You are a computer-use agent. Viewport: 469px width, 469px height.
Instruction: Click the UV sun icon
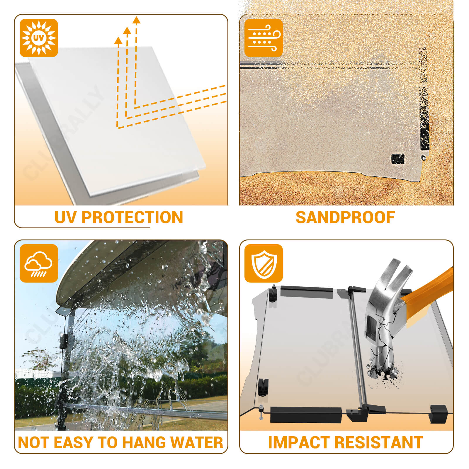point(39,38)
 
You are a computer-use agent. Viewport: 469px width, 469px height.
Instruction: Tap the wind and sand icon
point(264,38)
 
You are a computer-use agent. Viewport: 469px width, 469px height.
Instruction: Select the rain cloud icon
point(39,263)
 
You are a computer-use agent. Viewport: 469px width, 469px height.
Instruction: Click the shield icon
point(264,263)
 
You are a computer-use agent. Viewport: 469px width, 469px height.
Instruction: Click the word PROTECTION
point(132,217)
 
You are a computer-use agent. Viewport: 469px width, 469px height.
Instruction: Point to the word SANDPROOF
point(345,217)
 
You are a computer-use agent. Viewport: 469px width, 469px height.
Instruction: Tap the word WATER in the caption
point(197,443)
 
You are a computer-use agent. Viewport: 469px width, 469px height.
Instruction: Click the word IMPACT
point(299,443)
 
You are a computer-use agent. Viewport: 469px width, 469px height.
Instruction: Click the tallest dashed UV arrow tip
point(136,20)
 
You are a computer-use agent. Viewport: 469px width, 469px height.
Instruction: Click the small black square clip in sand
point(398,159)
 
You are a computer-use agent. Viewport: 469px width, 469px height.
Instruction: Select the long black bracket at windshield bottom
point(306,414)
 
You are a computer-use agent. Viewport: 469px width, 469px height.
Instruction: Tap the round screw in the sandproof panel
point(423,158)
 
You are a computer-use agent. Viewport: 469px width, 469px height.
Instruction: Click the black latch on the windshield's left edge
point(263,387)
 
